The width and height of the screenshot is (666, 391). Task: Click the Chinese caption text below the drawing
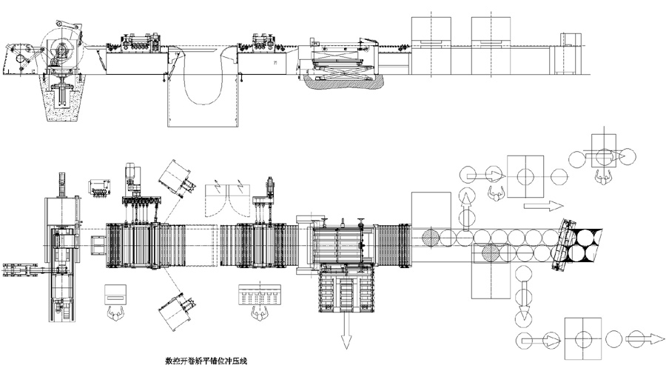(206, 362)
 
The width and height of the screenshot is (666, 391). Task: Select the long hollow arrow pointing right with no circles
(536, 204)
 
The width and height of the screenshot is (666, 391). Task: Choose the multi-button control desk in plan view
(258, 294)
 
